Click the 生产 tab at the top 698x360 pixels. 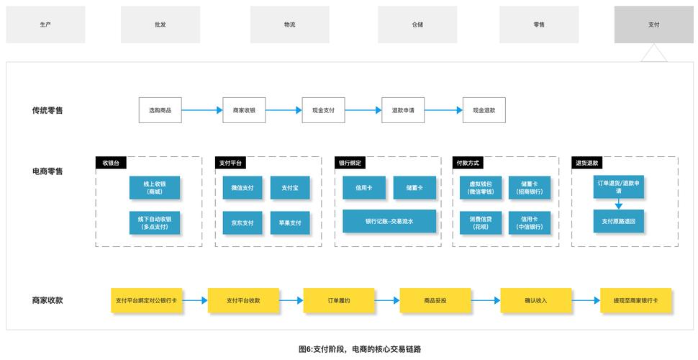(x=45, y=24)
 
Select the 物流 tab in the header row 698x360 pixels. (x=289, y=24)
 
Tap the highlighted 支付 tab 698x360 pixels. (x=653, y=24)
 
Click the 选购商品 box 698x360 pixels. (x=160, y=110)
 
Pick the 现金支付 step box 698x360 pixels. (x=323, y=110)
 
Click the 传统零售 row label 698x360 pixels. (x=47, y=110)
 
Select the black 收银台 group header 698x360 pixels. (x=115, y=163)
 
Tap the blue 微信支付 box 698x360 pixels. (x=243, y=188)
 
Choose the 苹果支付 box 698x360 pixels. (x=290, y=222)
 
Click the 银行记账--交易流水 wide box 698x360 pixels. (x=389, y=221)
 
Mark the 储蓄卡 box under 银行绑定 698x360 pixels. (x=414, y=188)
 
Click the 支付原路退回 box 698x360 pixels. (x=618, y=221)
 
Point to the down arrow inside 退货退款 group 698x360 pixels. (x=618, y=205)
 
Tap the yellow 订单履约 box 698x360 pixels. (x=338, y=300)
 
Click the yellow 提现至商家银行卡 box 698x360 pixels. (x=635, y=300)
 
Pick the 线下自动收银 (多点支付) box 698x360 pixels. (x=155, y=222)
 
